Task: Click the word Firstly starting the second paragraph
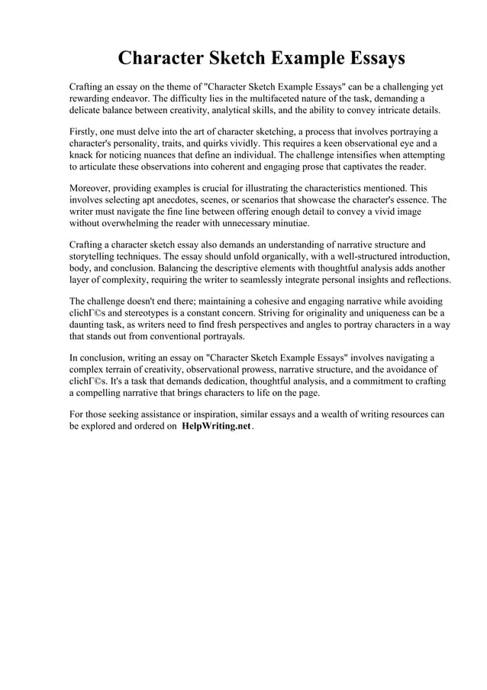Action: pos(85,131)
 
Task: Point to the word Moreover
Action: pos(92,187)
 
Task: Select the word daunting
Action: pos(92,324)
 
